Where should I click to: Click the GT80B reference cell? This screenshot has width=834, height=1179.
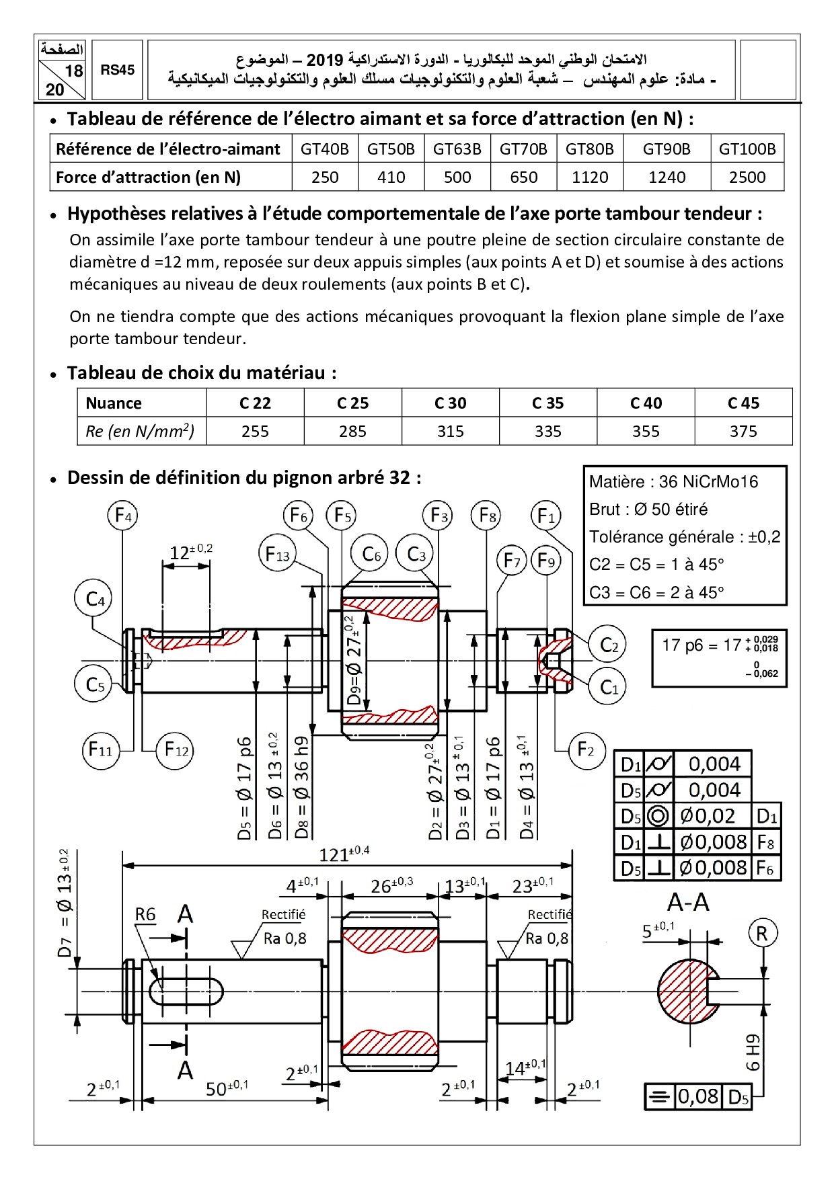(x=589, y=149)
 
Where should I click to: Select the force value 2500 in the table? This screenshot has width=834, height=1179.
(x=747, y=177)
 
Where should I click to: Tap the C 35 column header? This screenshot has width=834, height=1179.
(x=547, y=403)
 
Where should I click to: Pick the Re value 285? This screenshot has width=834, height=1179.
(x=352, y=431)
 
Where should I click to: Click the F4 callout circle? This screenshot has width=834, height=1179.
(x=122, y=516)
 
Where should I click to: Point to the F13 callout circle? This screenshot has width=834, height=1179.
(x=277, y=555)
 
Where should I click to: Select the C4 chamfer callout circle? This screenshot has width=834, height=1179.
(x=93, y=599)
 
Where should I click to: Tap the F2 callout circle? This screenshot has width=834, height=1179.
(x=586, y=749)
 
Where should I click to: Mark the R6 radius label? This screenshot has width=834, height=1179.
(x=145, y=914)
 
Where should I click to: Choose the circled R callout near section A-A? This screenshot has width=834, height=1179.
(x=762, y=933)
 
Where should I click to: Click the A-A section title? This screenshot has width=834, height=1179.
(x=687, y=902)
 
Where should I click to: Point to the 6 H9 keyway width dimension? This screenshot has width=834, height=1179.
(x=753, y=1052)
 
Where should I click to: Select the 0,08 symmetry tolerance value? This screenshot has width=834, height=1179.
(x=698, y=1096)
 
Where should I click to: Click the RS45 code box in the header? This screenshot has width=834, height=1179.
(x=118, y=70)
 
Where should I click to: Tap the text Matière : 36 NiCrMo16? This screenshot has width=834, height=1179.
(x=673, y=481)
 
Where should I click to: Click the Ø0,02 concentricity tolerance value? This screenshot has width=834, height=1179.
(x=707, y=816)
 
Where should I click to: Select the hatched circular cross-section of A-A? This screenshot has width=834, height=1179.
(x=683, y=992)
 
